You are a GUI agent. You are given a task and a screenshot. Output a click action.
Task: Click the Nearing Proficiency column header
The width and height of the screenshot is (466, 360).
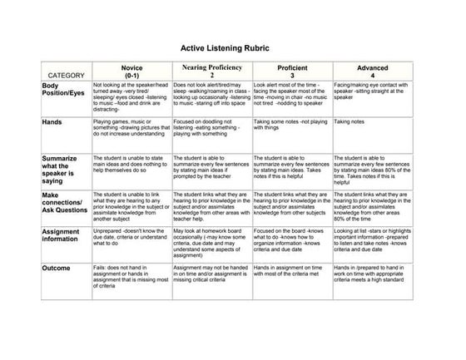[x=211, y=70]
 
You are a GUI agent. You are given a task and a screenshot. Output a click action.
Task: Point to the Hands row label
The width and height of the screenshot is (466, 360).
[x=52, y=121]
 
